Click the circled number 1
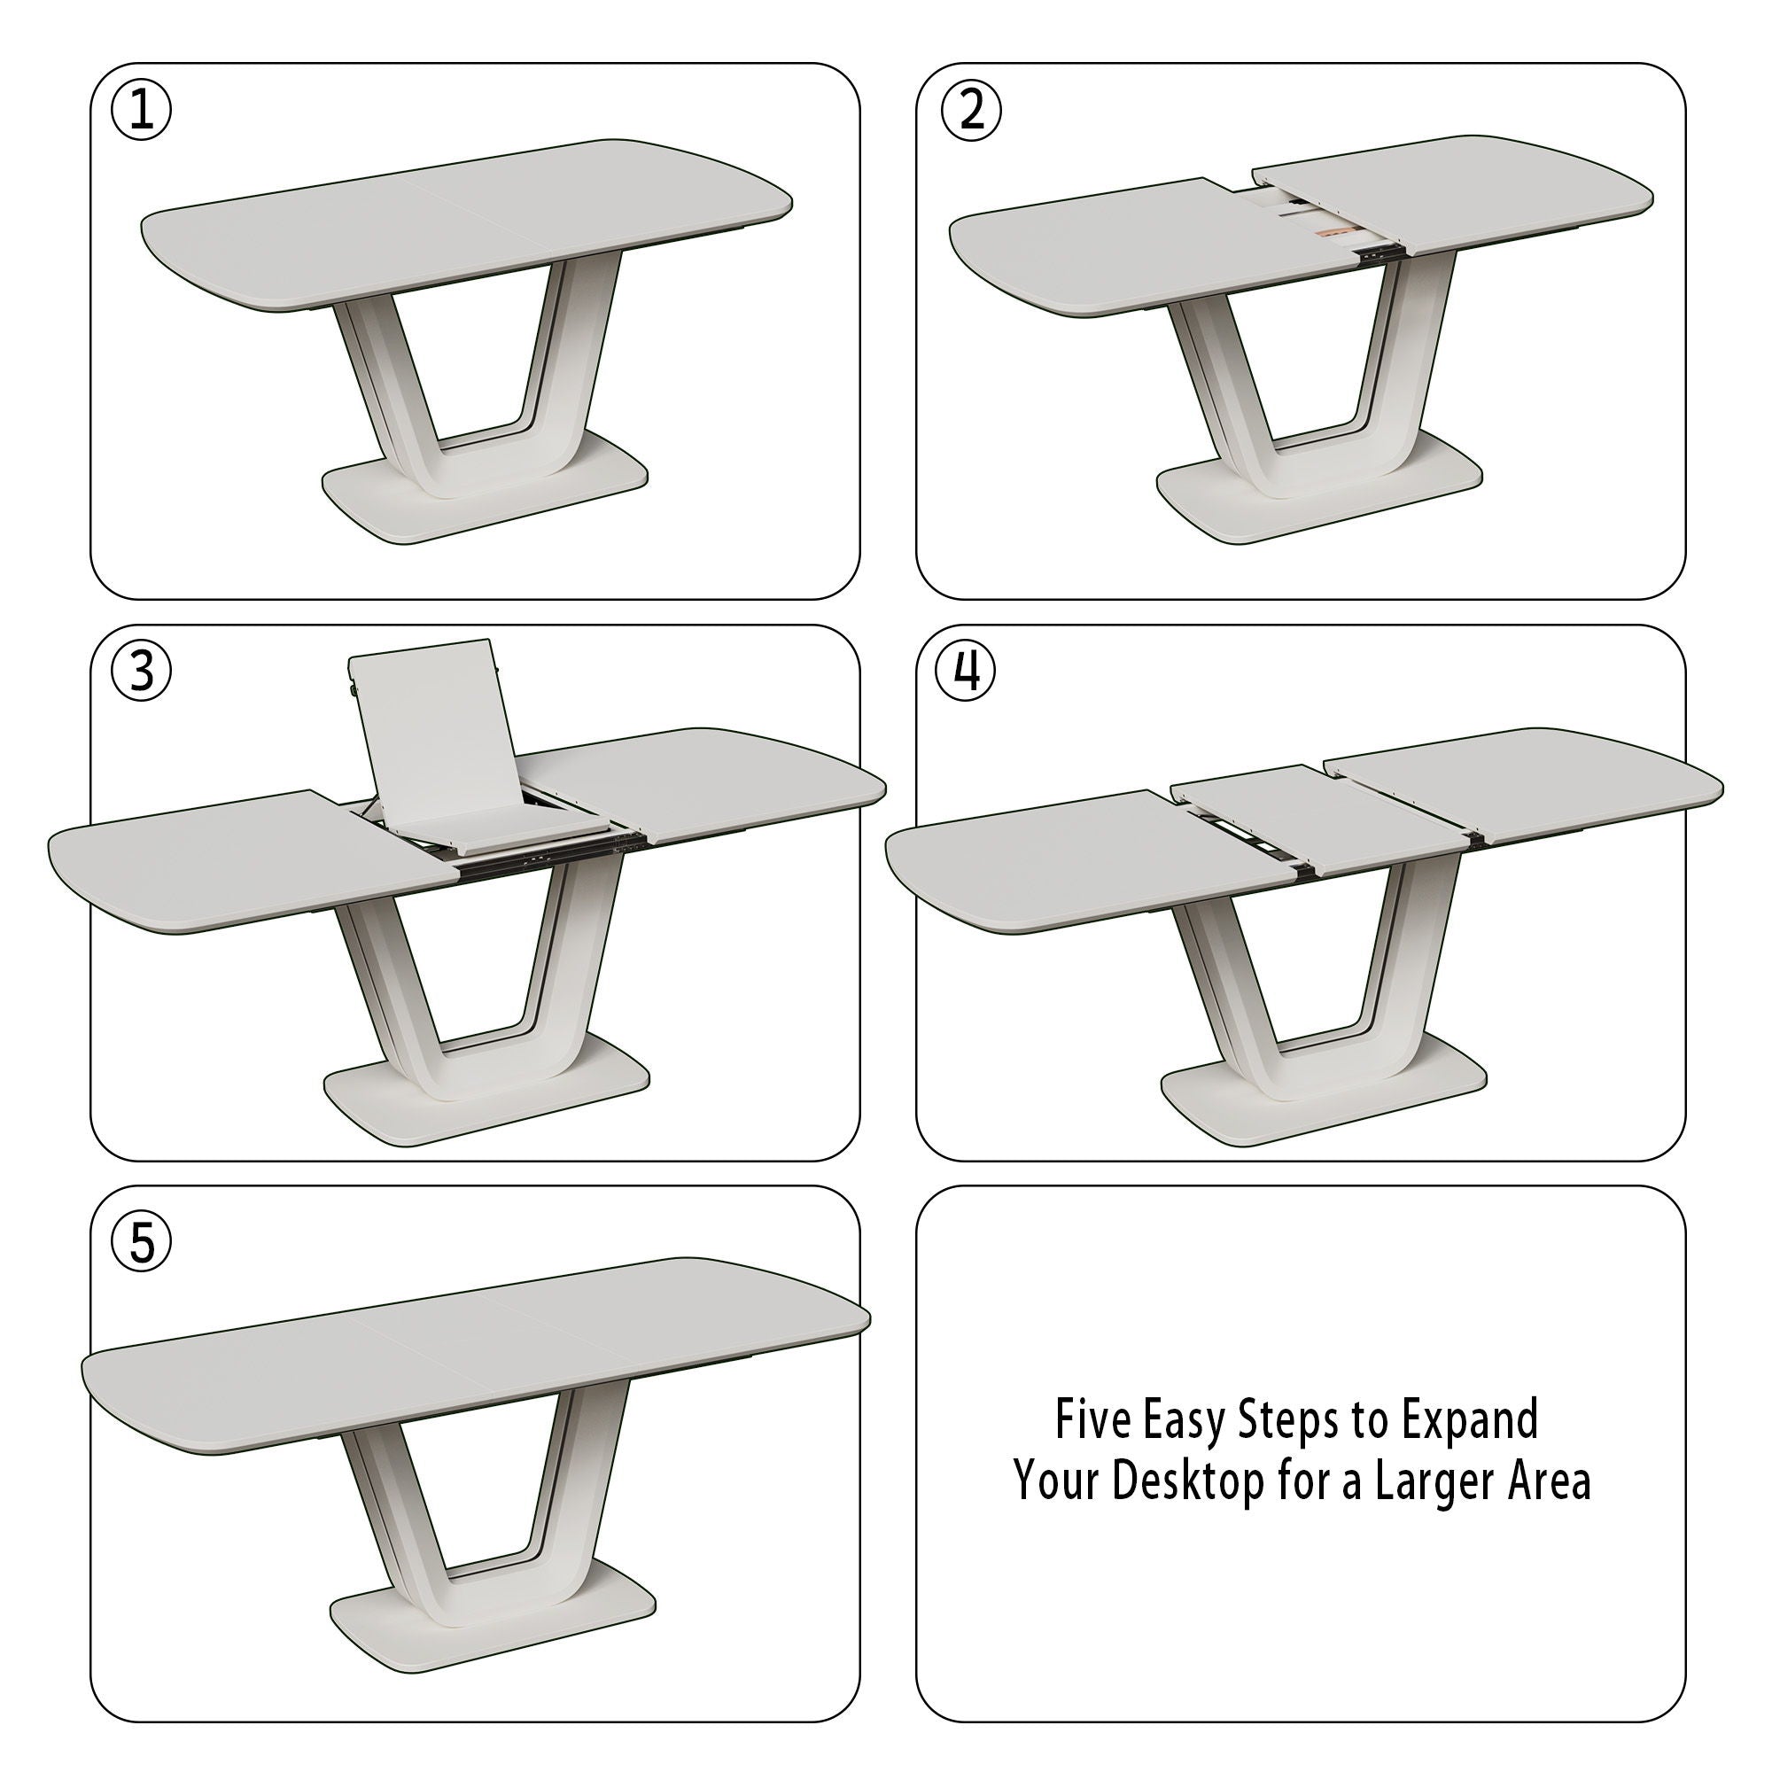tap(140, 111)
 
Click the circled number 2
tap(971, 111)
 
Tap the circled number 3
tap(140, 672)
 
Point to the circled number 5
tap(140, 1244)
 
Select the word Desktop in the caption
tap(1188, 1481)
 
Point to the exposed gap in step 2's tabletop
tap(1321, 220)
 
